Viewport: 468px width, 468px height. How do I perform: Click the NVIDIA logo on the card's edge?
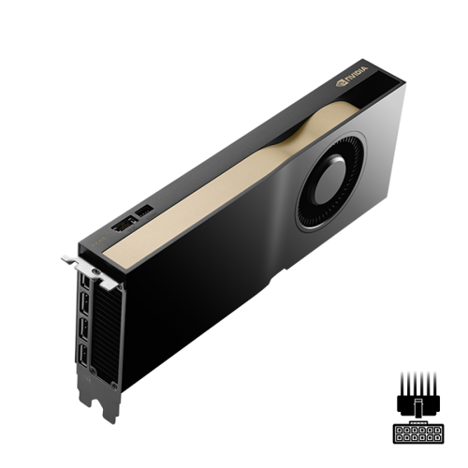coord(352,77)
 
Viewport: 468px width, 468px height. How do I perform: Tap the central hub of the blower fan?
coord(329,180)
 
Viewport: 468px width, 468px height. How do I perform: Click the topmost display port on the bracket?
coord(85,283)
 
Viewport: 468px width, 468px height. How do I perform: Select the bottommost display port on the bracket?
coord(82,355)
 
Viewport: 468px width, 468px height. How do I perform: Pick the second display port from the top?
coord(84,302)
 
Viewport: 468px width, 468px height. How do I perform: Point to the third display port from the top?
coord(83,329)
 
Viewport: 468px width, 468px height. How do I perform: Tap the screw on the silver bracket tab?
coord(96,272)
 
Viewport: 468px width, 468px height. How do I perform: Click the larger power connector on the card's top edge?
coord(124,225)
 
